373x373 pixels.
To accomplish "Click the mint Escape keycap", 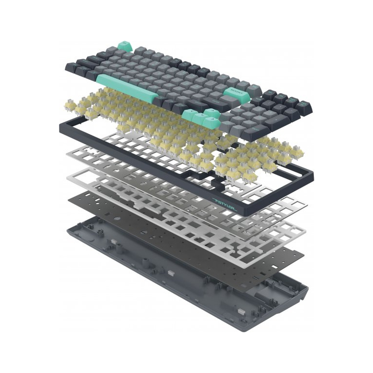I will [x=124, y=46].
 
